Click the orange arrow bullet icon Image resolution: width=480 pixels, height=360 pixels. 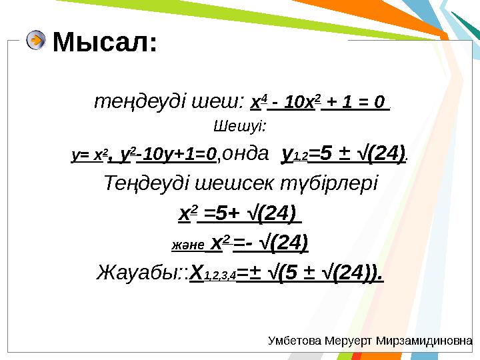pos(36,41)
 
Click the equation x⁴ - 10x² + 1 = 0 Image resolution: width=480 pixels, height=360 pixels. pos(319,103)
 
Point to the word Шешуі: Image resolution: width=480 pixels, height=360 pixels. pos(239,127)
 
